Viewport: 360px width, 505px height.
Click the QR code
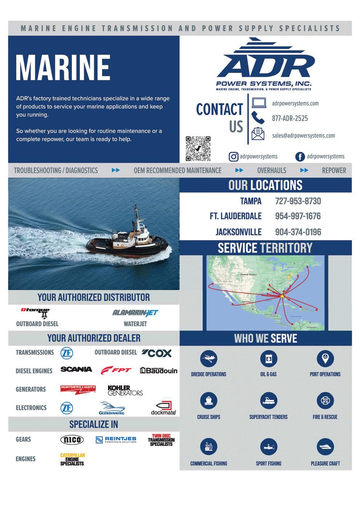pyautogui.click(x=198, y=149)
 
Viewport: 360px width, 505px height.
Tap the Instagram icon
pyautogui.click(x=233, y=157)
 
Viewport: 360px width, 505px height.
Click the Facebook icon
pyautogui.click(x=300, y=157)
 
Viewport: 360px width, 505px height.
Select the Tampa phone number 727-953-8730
pyautogui.click(x=298, y=201)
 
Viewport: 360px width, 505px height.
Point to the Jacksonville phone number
pyautogui.click(x=298, y=232)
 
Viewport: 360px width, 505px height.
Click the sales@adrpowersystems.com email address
pyautogui.click(x=303, y=136)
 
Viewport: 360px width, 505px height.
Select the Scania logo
pyautogui.click(x=76, y=369)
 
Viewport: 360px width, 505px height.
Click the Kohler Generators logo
pyautogui.click(x=125, y=391)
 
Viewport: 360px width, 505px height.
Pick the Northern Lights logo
pyautogui.click(x=78, y=389)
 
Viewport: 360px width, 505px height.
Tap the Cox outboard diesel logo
pyautogui.click(x=157, y=353)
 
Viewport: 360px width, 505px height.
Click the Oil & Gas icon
pyautogui.click(x=268, y=359)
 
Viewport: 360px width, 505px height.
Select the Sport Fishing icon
pyautogui.click(x=268, y=447)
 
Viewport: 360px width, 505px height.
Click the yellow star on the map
pyautogui.click(x=282, y=296)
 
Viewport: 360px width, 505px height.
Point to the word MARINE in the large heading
pyautogui.click(x=63, y=67)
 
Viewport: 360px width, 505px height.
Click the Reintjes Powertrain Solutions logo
pyautogui.click(x=116, y=440)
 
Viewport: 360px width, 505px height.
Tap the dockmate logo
pyautogui.click(x=164, y=408)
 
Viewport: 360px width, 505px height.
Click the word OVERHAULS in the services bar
pyautogui.click(x=271, y=170)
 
